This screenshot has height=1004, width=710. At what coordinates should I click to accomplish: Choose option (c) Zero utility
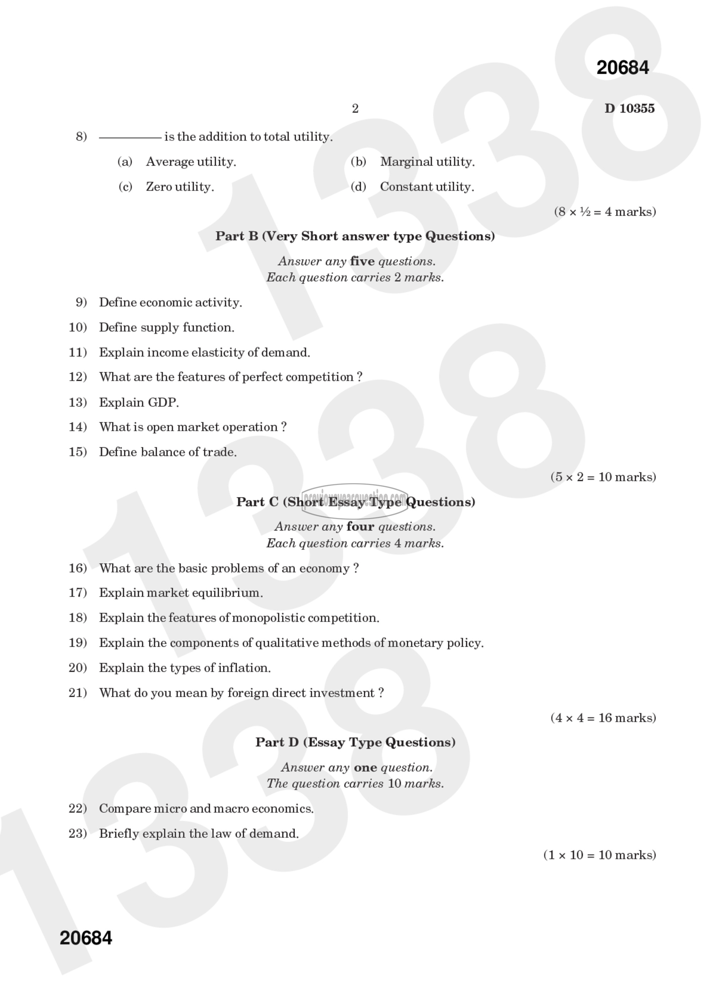[179, 187]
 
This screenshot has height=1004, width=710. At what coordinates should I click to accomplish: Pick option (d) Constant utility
[426, 187]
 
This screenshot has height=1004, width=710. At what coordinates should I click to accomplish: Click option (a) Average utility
[190, 162]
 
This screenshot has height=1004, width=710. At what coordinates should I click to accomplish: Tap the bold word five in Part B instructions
[362, 261]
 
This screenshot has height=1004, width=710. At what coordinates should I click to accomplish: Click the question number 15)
[77, 452]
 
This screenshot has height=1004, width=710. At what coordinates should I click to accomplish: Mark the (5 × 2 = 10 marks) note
[603, 477]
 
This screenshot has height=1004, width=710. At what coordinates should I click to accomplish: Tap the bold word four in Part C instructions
[360, 526]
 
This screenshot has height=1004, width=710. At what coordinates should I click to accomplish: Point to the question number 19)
[77, 643]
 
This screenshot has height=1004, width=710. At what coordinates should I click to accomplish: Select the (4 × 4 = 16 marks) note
[603, 718]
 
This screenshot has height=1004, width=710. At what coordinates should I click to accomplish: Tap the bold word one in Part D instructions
[365, 767]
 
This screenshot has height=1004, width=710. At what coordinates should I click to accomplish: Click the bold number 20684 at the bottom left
[86, 938]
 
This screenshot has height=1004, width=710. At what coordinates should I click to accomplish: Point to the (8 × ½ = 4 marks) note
[605, 212]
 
